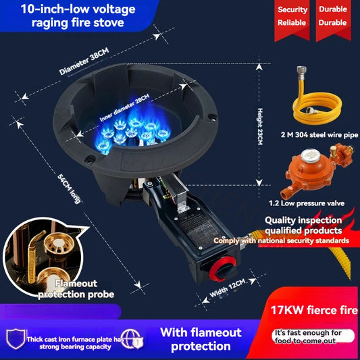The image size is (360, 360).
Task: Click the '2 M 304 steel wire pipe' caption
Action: click(x=314, y=135)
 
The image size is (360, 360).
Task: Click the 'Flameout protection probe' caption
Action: click(x=66, y=288)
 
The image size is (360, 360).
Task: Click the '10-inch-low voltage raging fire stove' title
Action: click(x=74, y=15)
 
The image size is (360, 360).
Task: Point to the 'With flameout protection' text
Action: click(x=201, y=339)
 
